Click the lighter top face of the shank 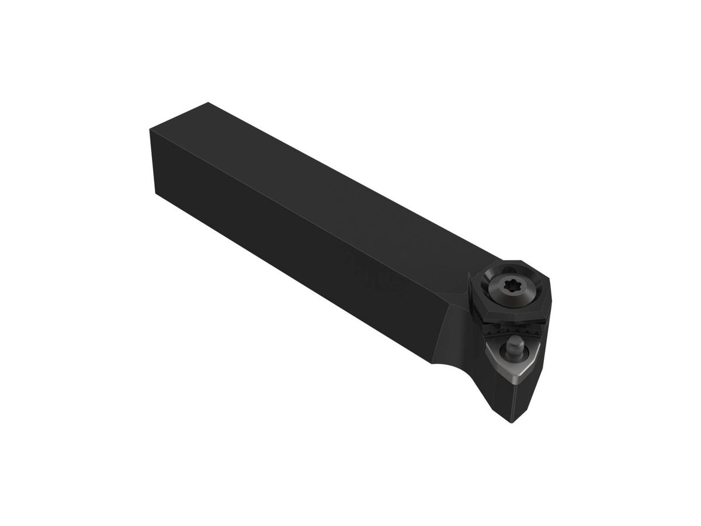(327, 175)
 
